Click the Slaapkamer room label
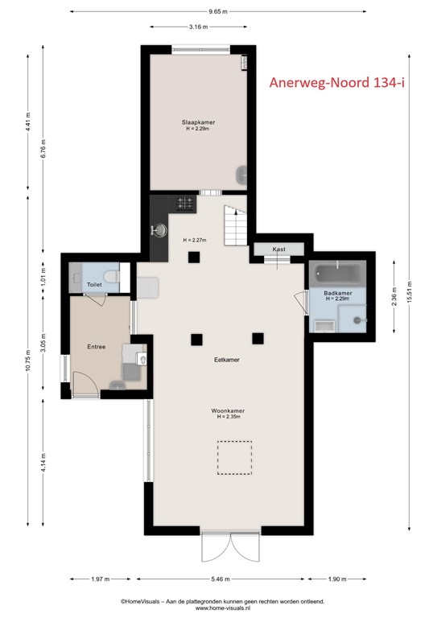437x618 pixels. coord(198,122)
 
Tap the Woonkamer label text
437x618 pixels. coord(228,410)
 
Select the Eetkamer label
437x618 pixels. coord(227,360)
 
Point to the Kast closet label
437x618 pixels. coord(279,249)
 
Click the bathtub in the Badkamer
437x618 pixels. coord(339,273)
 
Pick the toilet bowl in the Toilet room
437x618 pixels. coord(112,276)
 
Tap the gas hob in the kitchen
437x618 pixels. coord(186,204)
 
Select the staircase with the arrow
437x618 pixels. coord(236,225)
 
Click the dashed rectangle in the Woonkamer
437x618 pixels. coord(234,458)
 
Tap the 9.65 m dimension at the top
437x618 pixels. coord(218,11)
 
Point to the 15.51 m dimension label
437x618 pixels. coord(410,292)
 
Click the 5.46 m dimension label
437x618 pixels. coord(221,579)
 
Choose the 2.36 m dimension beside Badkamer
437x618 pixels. coord(394,296)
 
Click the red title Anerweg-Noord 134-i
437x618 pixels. coord(337,82)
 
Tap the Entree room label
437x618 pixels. coord(96,347)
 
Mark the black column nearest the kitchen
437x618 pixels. coord(194,257)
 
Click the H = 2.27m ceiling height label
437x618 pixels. coord(195,240)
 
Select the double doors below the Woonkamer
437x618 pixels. coord(231,547)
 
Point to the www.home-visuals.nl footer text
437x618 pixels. coord(223,608)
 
